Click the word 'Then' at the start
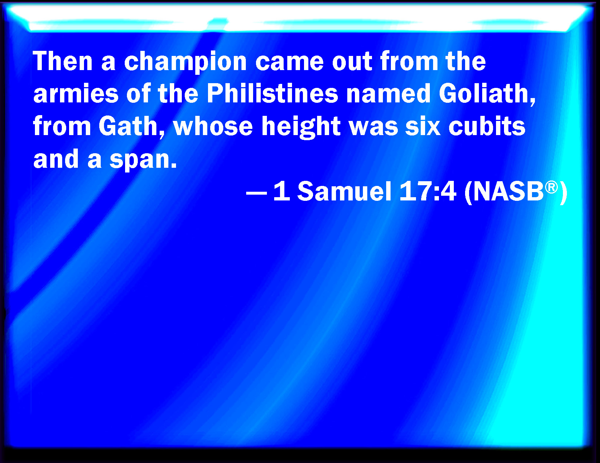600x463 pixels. tap(63, 61)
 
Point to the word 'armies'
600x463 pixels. tap(76, 93)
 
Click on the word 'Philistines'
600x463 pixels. tap(272, 93)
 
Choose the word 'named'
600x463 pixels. tap(388, 93)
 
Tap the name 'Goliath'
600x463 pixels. tap(487, 94)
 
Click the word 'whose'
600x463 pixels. tap(213, 126)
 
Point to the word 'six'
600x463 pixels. tap(423, 126)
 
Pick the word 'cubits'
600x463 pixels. tap(487, 126)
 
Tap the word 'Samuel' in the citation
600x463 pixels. tap(344, 191)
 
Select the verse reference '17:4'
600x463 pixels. tap(428, 191)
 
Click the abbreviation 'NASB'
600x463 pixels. tap(508, 191)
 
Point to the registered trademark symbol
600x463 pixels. tap(551, 187)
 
